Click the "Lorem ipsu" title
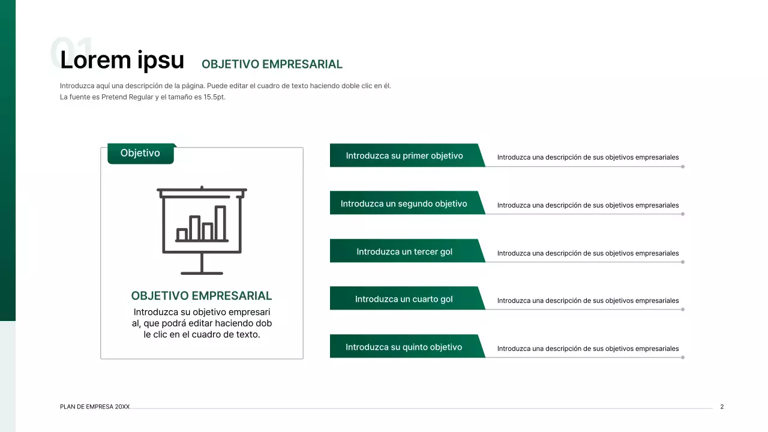tap(122, 60)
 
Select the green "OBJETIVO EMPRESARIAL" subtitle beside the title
tap(272, 64)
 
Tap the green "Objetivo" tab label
tap(140, 154)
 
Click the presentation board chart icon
tap(202, 230)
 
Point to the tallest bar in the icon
tap(220, 223)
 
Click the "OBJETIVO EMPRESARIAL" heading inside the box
tap(202, 296)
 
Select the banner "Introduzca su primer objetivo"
tap(404, 156)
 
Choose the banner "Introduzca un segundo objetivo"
tap(404, 204)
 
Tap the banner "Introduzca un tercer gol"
tap(404, 251)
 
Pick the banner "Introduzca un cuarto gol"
tap(404, 299)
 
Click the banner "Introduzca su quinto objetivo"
tap(404, 347)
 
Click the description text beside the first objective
tap(588, 158)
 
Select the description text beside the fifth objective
tap(588, 349)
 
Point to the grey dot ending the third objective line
tap(683, 262)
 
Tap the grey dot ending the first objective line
tap(683, 166)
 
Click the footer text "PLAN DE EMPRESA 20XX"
tap(95, 407)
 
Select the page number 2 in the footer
tap(722, 407)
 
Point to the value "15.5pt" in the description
tap(214, 97)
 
